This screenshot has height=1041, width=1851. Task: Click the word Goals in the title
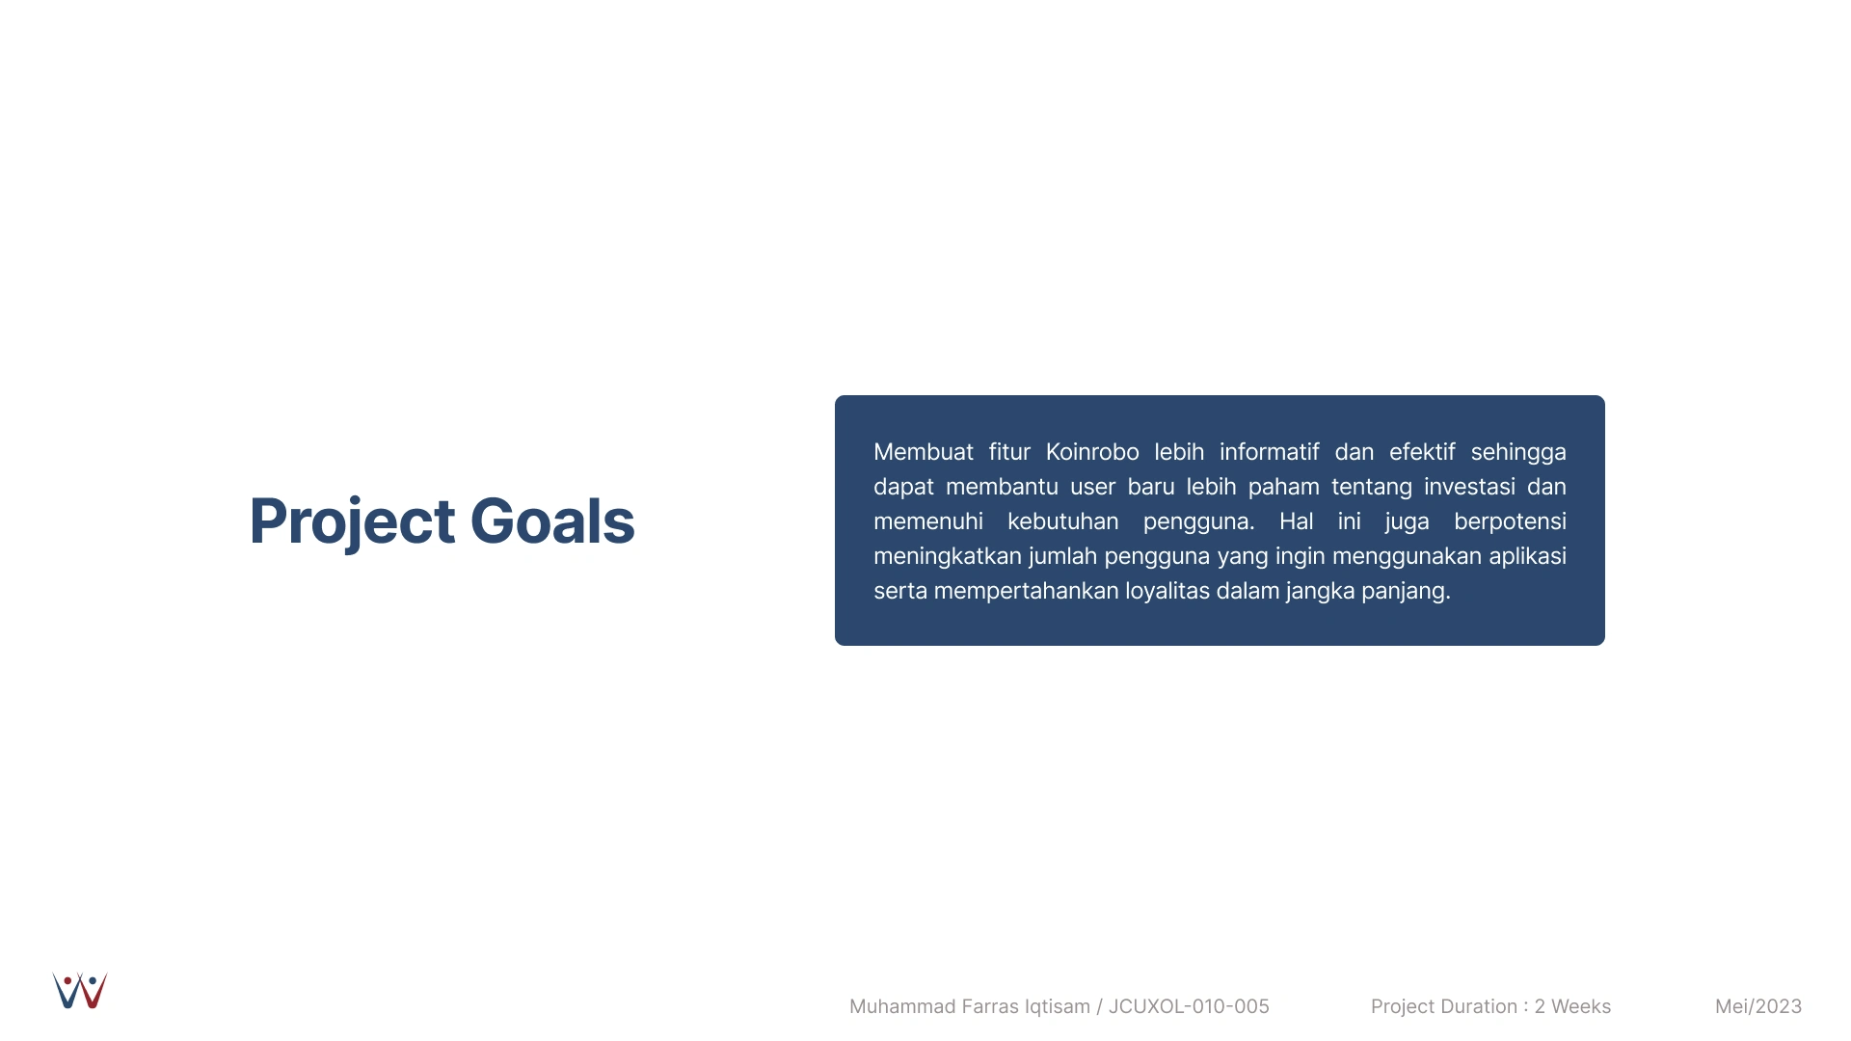pos(552,521)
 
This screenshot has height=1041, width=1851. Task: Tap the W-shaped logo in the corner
pos(80,991)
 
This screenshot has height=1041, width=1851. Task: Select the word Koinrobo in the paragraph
pos(1092,452)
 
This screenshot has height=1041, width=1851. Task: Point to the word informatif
pos(1269,452)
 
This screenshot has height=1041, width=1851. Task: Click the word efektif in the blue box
pos(1422,452)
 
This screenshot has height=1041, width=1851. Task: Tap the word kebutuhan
pos(1063,521)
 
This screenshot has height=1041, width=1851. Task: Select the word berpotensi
pos(1510,522)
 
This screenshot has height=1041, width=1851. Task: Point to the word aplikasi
pos(1528,557)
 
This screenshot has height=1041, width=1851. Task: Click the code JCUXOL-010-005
pos(1189,1006)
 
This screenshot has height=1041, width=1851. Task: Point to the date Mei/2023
pos(1758,1006)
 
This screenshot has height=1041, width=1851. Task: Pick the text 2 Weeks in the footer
pos(1572,1006)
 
